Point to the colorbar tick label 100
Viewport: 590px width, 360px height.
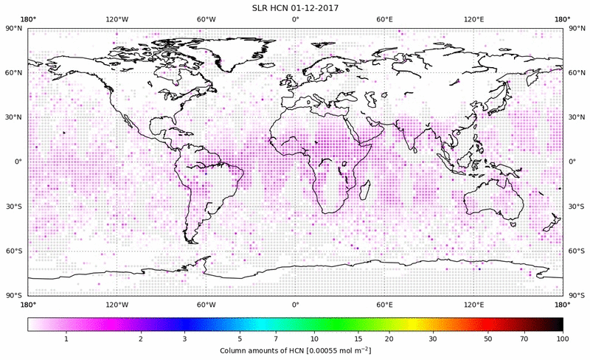tap(562, 338)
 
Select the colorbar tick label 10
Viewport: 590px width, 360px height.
tap(315, 338)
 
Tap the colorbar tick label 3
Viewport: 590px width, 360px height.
tap(184, 338)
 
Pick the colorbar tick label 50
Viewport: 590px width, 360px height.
tap(488, 338)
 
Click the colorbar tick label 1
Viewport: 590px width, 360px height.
tap(66, 338)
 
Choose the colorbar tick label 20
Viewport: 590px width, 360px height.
tap(388, 338)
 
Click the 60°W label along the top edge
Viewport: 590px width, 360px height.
tap(206, 19)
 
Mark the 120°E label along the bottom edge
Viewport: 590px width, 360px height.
tap(473, 304)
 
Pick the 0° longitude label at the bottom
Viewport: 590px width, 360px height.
tap(295, 304)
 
